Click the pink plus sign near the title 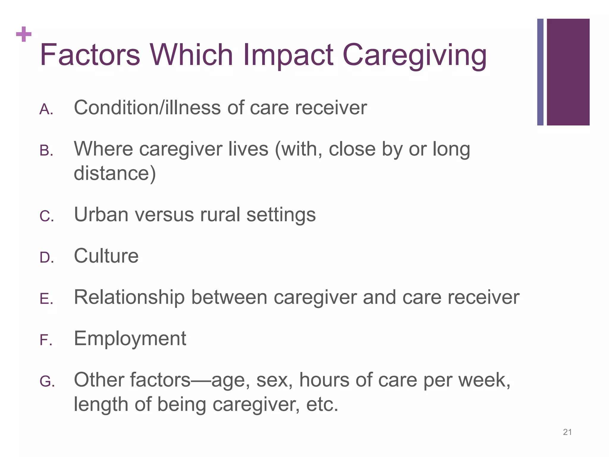click(24, 35)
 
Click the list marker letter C click(46, 216)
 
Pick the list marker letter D click(46, 258)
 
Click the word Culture click(106, 256)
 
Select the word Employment click(130, 339)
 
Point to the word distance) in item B click(115, 173)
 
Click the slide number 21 click(567, 432)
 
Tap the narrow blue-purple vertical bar click(540, 72)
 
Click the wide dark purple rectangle click(568, 72)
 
